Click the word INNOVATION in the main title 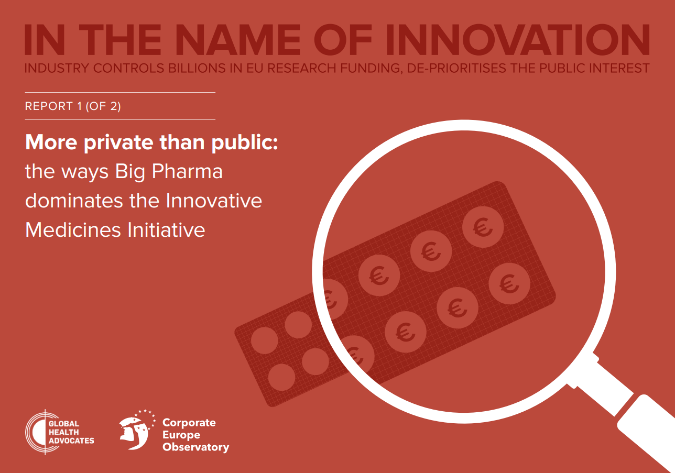517,40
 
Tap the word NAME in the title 241,40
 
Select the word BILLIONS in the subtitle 197,68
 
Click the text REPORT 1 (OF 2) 73,106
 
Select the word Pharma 187,171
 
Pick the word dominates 74,201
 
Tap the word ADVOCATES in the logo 71,441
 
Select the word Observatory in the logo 196,447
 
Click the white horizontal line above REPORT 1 120,93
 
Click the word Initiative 166,230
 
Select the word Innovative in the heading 214,201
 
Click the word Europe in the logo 181,435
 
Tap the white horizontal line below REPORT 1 120,119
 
